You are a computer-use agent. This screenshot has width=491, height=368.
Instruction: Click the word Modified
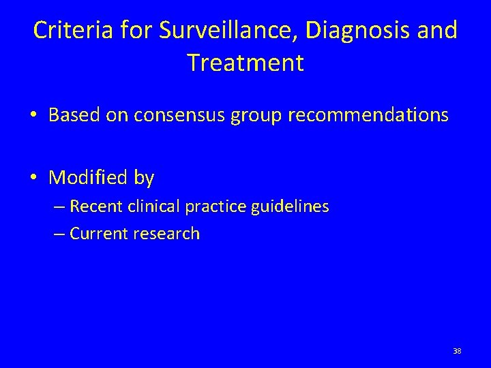click(87, 178)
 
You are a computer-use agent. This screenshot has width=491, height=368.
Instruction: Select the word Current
click(95, 234)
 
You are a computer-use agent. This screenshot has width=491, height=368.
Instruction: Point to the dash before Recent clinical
click(59, 206)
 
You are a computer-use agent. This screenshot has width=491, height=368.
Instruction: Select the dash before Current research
click(59, 234)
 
